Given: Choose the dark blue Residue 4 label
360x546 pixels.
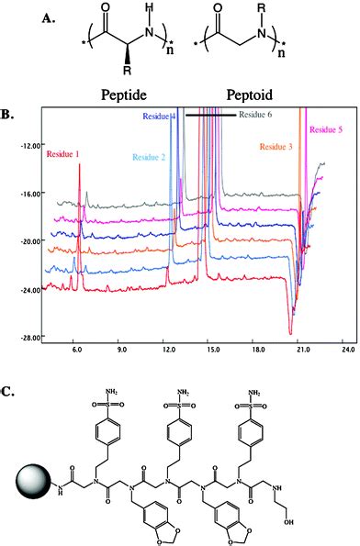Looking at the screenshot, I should click(x=158, y=117).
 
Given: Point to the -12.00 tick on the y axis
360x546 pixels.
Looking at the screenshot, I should click(x=32, y=144).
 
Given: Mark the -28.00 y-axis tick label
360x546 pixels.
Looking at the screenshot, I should click(x=32, y=337).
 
